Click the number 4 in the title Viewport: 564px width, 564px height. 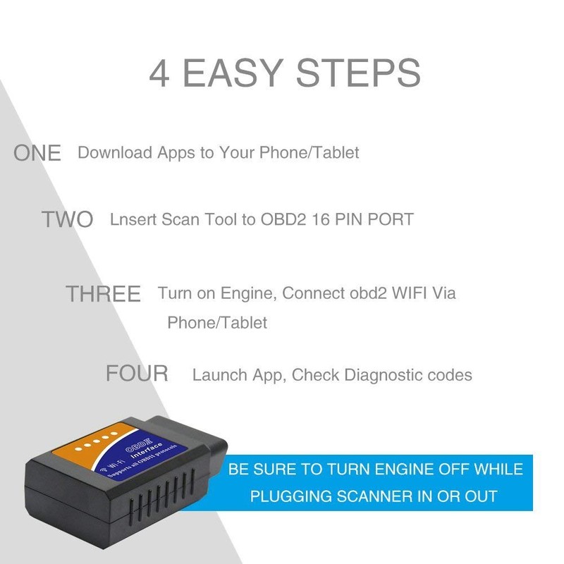159,73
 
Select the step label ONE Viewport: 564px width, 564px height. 37,153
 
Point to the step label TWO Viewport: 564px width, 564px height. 67,219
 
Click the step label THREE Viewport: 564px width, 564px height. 103,294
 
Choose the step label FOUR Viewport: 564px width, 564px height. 137,373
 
